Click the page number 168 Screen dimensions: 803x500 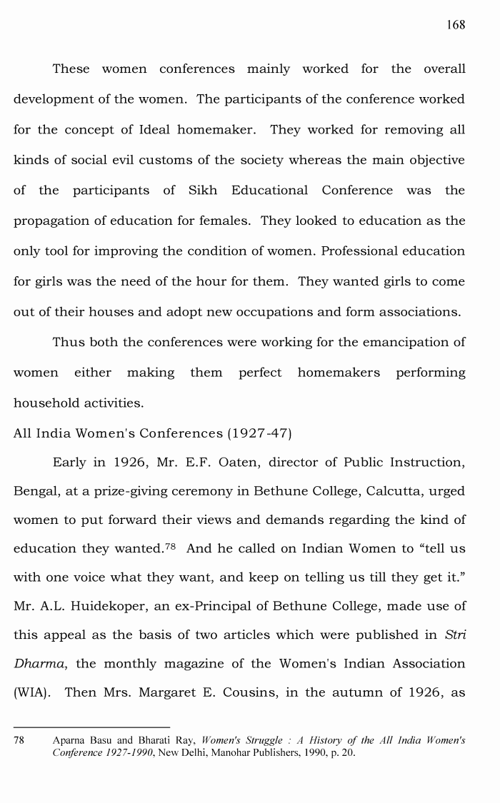point(456,25)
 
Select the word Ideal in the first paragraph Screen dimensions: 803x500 point(162,130)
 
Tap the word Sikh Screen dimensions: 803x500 point(203,191)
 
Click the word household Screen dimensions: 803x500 point(44,403)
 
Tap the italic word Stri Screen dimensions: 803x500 point(454,634)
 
